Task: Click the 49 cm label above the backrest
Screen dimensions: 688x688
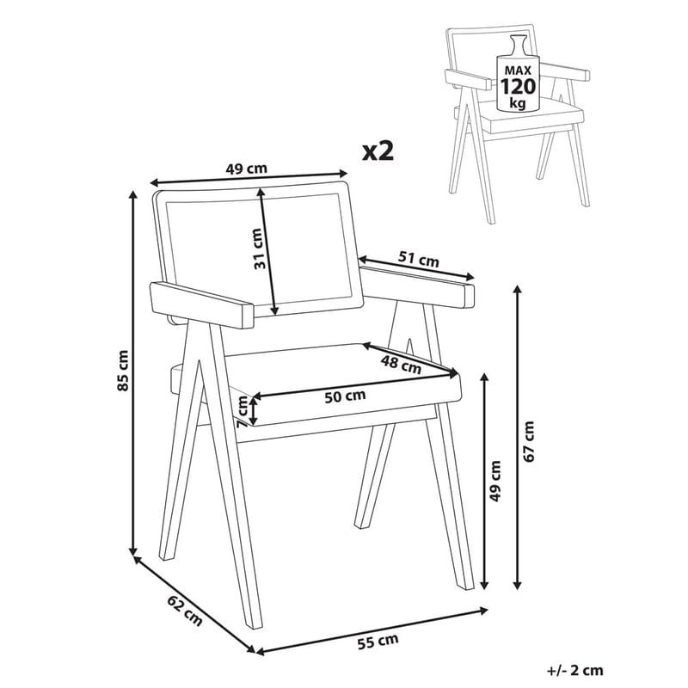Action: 244,169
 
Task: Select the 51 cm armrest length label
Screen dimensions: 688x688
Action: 419,258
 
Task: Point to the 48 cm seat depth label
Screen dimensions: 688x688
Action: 402,364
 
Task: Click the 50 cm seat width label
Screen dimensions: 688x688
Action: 343,396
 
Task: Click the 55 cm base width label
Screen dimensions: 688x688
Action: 379,639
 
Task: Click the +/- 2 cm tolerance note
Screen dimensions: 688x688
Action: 574,670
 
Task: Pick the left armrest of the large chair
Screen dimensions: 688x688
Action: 203,304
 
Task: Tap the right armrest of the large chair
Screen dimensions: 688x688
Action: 419,286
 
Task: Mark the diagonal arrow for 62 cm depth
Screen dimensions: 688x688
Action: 193,602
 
